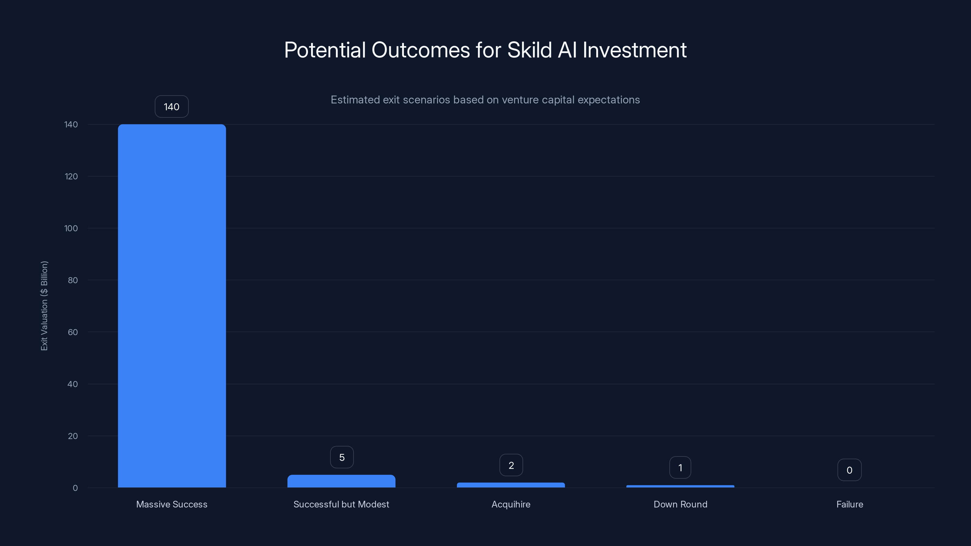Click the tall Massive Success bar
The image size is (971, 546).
172,305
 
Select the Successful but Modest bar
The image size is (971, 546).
341,481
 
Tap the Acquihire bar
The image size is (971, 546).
511,485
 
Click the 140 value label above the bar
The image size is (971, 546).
171,107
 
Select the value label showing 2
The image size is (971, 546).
511,465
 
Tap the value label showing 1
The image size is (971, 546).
680,468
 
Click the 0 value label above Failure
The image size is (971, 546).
849,470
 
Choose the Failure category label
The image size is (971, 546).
850,504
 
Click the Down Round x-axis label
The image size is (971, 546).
680,504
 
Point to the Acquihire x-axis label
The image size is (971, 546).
511,504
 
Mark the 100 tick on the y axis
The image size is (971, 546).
71,228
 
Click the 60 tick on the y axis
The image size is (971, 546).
73,332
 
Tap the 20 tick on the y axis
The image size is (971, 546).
73,436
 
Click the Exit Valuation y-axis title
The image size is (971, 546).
44,305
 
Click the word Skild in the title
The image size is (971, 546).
529,50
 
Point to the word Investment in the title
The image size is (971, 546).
634,50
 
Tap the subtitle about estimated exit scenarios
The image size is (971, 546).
485,100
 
